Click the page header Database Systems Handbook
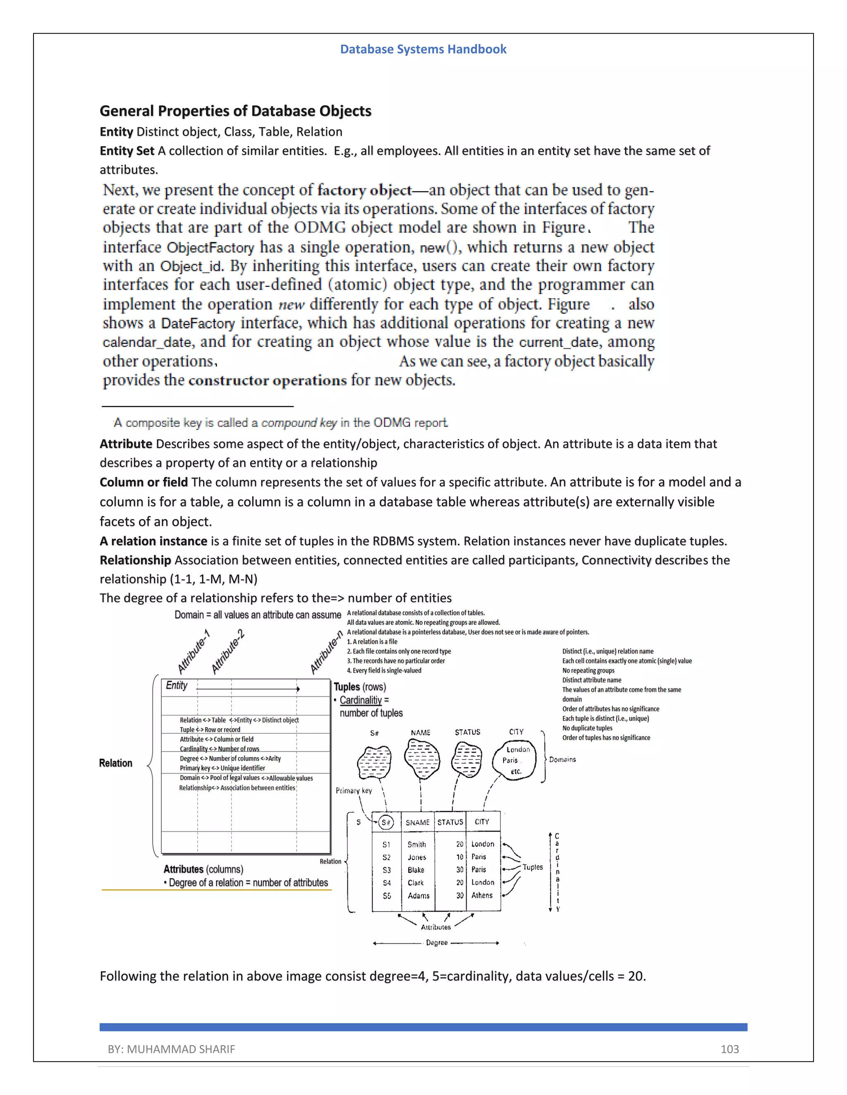click(x=423, y=49)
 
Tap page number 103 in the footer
click(x=729, y=1049)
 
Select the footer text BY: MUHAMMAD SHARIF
click(x=171, y=1049)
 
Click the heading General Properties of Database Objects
click(x=235, y=111)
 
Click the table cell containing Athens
click(x=482, y=895)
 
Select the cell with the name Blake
click(x=416, y=870)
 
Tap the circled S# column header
click(x=385, y=822)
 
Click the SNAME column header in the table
click(x=417, y=822)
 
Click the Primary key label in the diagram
click(x=353, y=790)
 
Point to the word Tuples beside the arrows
click(x=532, y=867)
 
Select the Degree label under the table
click(x=437, y=943)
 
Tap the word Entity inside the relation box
click(x=177, y=686)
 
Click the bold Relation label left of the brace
click(x=115, y=763)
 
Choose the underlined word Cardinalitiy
click(x=360, y=700)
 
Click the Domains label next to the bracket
click(x=562, y=759)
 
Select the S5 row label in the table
click(x=386, y=895)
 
